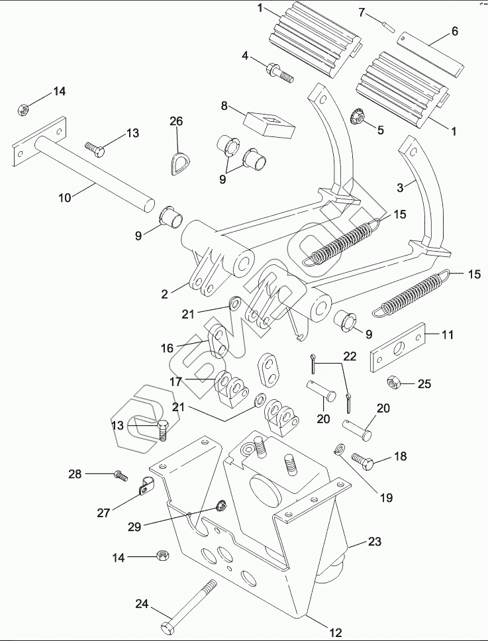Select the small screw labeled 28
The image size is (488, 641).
(120, 474)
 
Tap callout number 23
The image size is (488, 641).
(375, 542)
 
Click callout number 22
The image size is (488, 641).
(350, 356)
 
